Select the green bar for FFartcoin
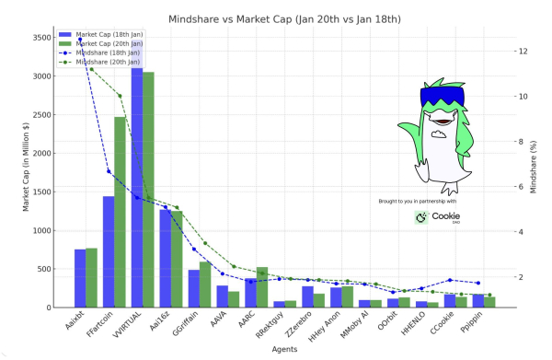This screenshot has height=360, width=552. pyautogui.click(x=120, y=212)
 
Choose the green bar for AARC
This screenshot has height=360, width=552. pyautogui.click(x=262, y=287)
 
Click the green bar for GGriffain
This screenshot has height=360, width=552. pyautogui.click(x=205, y=285)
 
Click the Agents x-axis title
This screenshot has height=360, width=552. pyautogui.click(x=275, y=349)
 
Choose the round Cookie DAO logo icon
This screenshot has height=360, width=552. pyautogui.click(x=421, y=217)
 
